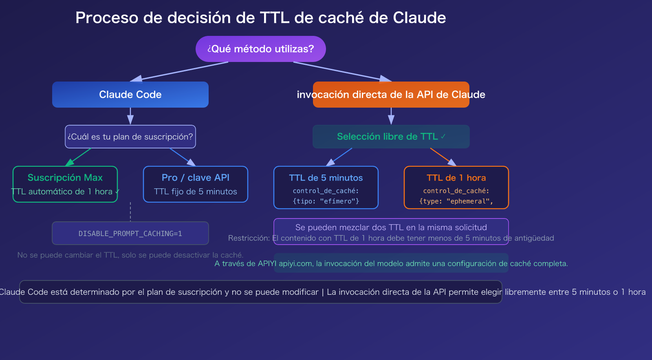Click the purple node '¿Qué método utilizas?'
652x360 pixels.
pos(261,49)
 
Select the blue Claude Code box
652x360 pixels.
pos(130,95)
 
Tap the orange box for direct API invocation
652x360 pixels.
pos(391,95)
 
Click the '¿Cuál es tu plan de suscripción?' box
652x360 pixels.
pos(130,137)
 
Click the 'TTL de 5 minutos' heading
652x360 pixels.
pos(326,178)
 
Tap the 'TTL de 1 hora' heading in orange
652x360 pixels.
pos(456,178)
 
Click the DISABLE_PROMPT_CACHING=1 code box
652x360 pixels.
pos(130,233)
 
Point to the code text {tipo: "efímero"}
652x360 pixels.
pos(326,201)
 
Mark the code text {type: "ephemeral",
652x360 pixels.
pos(456,201)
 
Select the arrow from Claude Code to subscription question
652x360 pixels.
pos(130,116)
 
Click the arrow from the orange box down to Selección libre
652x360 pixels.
pos(391,116)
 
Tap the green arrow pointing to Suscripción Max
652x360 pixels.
pos(79,157)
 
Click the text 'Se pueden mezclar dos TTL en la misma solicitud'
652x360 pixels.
pos(391,227)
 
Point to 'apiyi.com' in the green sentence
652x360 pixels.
pos(295,263)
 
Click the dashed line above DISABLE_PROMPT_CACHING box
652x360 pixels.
pos(130,212)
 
